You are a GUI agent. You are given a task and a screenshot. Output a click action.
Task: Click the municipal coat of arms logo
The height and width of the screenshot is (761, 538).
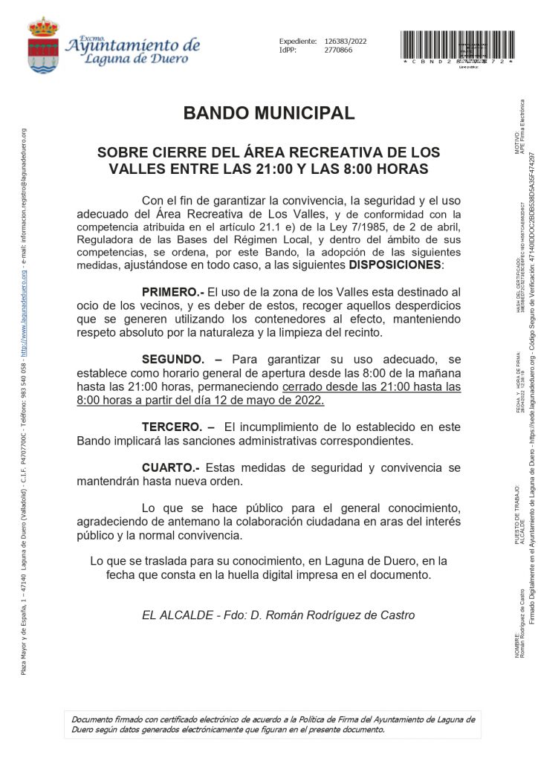43,45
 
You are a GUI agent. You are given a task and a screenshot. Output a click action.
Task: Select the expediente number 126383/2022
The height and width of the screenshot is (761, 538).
346,41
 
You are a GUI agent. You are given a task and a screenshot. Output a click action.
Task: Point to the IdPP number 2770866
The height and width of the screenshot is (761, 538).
339,50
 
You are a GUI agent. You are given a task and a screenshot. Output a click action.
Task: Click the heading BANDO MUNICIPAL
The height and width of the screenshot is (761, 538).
269,114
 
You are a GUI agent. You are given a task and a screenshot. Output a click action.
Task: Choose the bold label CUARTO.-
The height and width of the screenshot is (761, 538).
170,467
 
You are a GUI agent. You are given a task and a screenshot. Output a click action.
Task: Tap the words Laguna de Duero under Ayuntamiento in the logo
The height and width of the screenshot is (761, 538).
133,60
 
